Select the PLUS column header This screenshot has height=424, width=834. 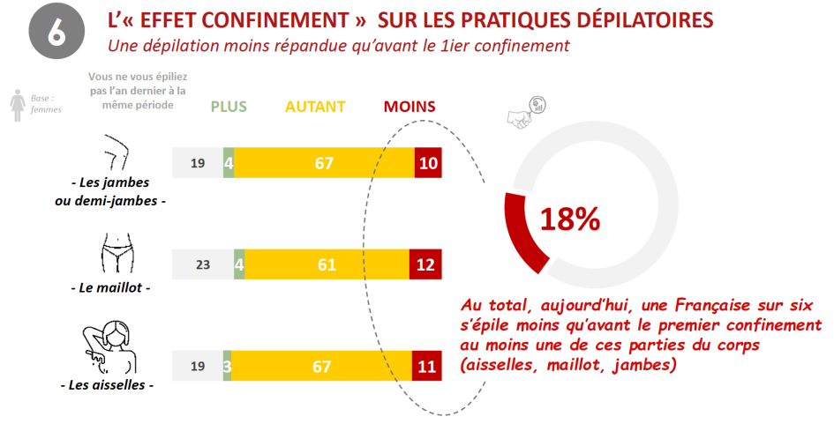[x=229, y=107]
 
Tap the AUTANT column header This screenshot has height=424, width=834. [x=315, y=107]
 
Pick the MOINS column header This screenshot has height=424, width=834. [x=409, y=107]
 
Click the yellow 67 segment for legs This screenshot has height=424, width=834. [x=324, y=163]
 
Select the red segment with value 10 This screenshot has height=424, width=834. [x=428, y=163]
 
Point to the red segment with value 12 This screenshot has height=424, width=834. [x=426, y=264]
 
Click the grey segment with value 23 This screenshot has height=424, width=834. [x=203, y=264]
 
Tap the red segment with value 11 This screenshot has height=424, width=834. [x=427, y=366]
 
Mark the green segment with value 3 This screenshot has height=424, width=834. [x=227, y=366]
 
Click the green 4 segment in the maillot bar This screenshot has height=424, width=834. [x=239, y=264]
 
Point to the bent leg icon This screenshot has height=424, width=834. [x=113, y=153]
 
